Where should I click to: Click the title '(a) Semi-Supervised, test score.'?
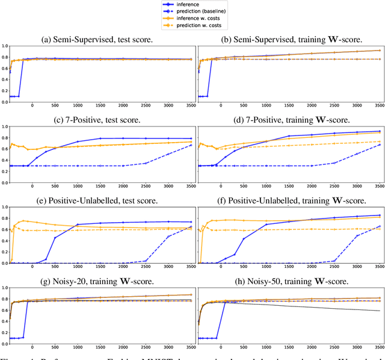[99, 38]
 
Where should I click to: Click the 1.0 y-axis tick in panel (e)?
[4, 208]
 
